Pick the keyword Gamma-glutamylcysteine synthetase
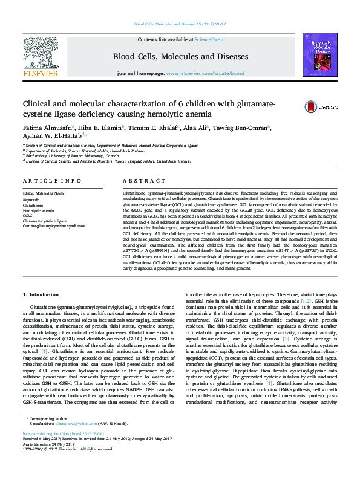click(54, 225)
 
